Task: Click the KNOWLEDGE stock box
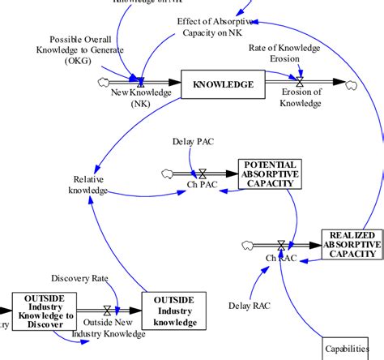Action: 223,84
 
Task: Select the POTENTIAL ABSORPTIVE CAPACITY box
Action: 270,174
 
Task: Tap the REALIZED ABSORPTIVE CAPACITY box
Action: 352,244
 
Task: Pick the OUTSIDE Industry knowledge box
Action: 176,311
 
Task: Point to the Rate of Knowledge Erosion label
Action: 284,54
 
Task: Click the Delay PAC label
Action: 192,142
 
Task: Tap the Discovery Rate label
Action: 79,278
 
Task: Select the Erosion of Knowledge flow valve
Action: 301,82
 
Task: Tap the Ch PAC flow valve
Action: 203,173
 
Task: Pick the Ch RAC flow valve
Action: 281,244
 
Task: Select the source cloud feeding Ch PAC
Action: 168,173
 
